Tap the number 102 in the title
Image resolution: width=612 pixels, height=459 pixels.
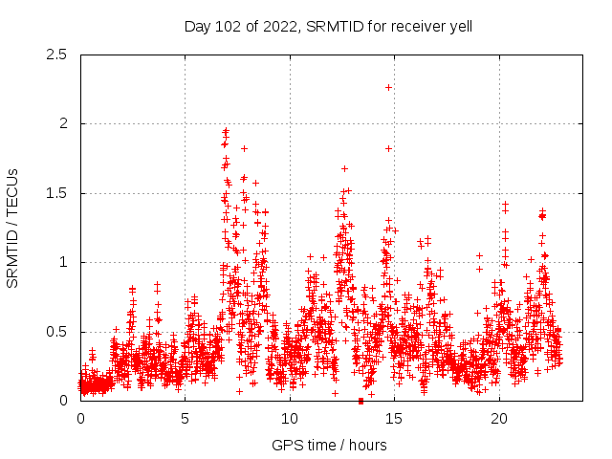[x=227, y=27]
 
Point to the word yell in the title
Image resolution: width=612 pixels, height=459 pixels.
[x=457, y=27]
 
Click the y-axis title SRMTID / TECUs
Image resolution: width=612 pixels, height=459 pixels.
[x=13, y=228]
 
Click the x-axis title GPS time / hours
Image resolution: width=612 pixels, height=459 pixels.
[x=328, y=445]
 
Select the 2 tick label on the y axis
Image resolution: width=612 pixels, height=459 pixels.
[x=63, y=123]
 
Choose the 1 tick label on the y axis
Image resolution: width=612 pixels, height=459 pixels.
[x=63, y=262]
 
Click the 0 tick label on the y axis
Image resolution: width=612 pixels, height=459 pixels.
[x=63, y=401]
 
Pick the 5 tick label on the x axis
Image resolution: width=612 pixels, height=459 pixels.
[x=186, y=419]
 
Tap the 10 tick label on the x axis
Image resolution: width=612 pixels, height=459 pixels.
[x=290, y=419]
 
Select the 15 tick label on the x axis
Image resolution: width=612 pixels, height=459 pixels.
[x=395, y=419]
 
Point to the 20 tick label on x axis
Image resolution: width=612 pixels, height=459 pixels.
[x=499, y=419]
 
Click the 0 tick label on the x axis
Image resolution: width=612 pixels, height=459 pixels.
[x=80, y=419]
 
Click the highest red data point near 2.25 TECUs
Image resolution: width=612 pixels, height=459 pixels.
[x=388, y=87]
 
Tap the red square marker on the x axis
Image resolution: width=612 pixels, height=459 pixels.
[x=361, y=401]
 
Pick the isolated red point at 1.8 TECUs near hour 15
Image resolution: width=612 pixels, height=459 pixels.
[x=388, y=148]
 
